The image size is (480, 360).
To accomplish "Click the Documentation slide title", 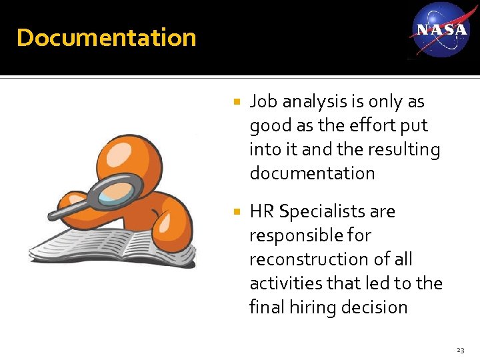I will point(107,37).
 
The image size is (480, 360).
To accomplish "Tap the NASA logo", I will point(441,29).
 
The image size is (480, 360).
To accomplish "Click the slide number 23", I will point(460,350).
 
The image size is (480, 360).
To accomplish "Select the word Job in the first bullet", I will point(263,101).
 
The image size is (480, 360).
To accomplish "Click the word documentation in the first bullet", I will point(312,173).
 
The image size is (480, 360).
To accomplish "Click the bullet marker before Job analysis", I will point(235,103).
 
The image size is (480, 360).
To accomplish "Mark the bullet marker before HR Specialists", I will point(235,213).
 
